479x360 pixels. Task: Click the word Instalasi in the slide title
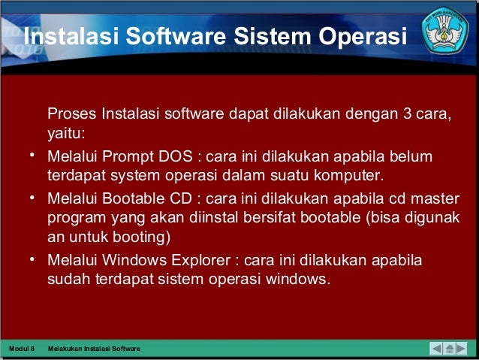[65, 37]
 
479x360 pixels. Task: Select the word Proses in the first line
[72, 115]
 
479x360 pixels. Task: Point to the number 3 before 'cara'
[406, 115]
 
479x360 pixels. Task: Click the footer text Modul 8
[21, 349]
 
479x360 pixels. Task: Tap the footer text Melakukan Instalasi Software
[93, 349]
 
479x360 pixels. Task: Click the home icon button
[450, 349]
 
